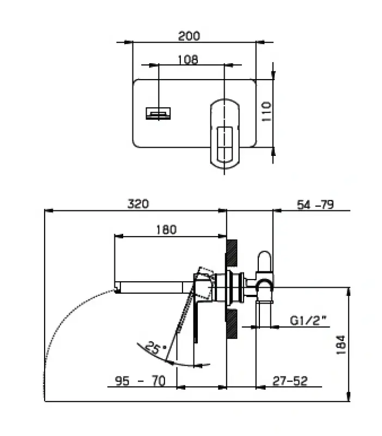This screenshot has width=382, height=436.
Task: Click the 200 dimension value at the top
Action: click(189, 37)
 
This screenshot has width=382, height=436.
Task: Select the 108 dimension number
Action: click(188, 59)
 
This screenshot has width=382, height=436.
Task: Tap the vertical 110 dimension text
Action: click(266, 112)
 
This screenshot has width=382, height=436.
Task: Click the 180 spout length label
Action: click(166, 229)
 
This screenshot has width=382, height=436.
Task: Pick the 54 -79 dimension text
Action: click(314, 204)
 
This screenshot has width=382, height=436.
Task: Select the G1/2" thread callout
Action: click(309, 320)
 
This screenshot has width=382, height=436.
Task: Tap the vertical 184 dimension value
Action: click(341, 345)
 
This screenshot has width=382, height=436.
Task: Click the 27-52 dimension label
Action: click(289, 380)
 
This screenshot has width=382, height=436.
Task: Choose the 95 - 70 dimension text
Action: click(140, 380)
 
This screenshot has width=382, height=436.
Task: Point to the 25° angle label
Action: click(156, 348)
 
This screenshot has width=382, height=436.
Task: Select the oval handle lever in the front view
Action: click(225, 132)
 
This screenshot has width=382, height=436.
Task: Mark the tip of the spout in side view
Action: click(117, 286)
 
